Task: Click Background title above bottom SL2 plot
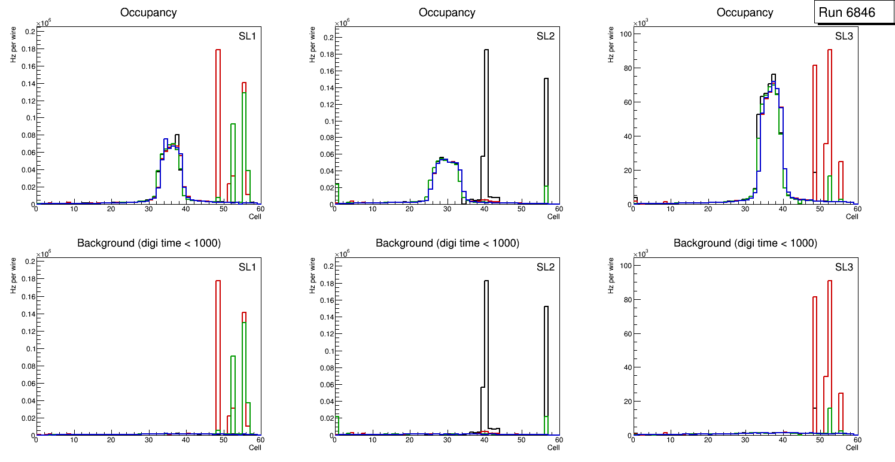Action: click(x=447, y=243)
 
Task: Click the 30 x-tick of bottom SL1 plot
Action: click(x=148, y=440)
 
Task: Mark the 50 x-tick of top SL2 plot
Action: click(x=521, y=208)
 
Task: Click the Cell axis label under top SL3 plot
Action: click(x=852, y=216)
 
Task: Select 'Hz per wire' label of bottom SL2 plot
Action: click(x=312, y=275)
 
